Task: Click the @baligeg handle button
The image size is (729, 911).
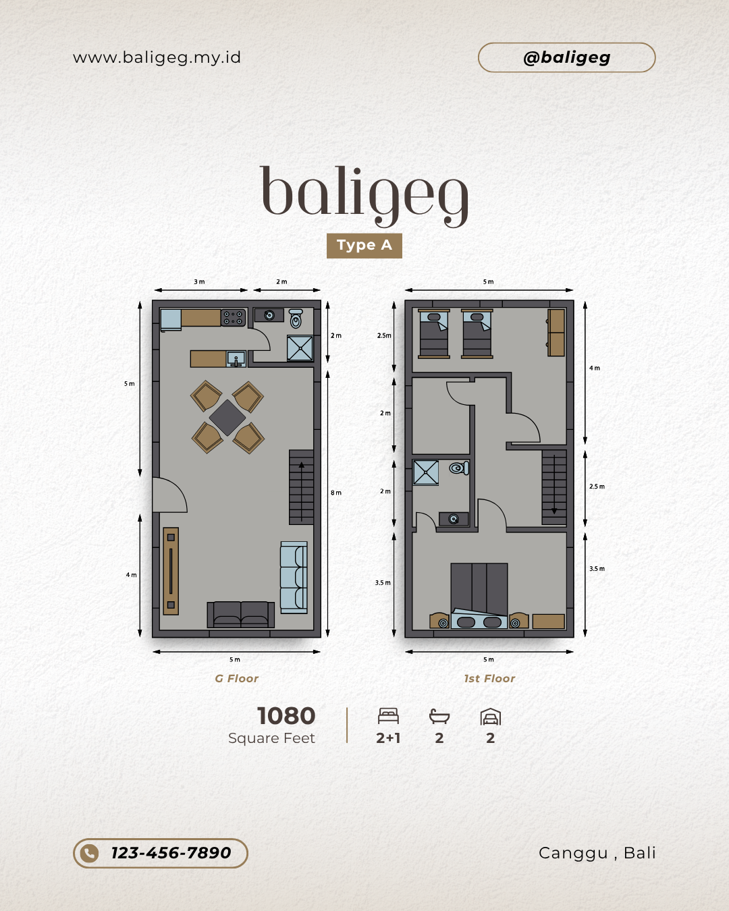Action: pos(566,57)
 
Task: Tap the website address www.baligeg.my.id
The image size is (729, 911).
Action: pos(157,57)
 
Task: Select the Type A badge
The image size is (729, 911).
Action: pos(364,246)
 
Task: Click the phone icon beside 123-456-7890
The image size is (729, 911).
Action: pos(89,853)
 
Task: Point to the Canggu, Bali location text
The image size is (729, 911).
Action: pos(597,853)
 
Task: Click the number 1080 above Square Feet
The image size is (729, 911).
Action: pos(286,716)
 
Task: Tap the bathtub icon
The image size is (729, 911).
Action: pos(439,716)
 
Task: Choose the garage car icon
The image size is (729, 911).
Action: pos(491,717)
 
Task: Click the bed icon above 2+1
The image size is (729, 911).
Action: pos(388,715)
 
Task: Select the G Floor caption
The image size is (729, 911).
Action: pos(236,679)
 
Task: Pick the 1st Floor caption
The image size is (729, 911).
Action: pos(489,679)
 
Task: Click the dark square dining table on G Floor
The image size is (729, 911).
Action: pos(227,418)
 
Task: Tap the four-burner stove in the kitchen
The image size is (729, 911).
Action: pos(233,318)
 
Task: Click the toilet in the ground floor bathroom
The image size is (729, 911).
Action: pos(296,319)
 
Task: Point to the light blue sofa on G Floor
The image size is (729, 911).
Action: pos(294,577)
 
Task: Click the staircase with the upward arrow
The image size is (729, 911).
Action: pos(301,487)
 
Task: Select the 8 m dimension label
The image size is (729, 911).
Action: pos(336,493)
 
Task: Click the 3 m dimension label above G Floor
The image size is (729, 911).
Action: pos(199,281)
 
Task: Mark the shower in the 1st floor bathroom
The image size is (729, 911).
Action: pos(426,472)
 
